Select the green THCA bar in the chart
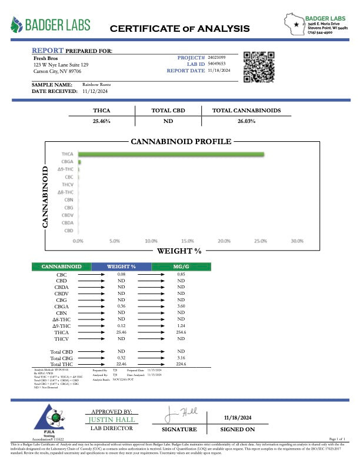(171, 155)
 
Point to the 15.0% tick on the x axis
(188, 241)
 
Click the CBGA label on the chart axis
(68, 162)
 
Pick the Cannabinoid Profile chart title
(181, 142)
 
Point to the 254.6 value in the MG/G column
(181, 332)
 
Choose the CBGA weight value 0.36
(122, 306)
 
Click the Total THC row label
(61, 364)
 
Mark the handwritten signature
(178, 416)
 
